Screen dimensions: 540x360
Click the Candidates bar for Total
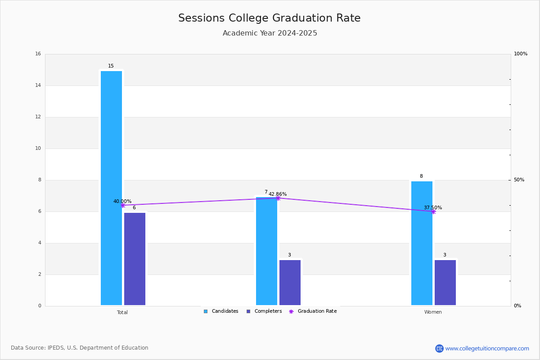[112, 188]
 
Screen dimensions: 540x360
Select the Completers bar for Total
[135, 259]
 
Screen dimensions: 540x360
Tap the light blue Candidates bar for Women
[422, 243]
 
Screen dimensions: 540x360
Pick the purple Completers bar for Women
[445, 283]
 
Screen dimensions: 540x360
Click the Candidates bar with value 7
[266, 251]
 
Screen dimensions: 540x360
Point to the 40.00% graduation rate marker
[123, 206]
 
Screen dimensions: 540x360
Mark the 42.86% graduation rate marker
[278, 198]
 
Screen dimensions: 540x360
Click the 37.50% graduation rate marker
[433, 211]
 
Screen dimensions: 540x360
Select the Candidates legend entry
[221, 311]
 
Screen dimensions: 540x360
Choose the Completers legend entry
[264, 311]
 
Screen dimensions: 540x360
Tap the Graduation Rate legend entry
[313, 311]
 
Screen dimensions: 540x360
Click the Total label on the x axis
[122, 312]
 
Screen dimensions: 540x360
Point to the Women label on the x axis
[433, 312]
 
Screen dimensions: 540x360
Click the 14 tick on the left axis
[38, 85]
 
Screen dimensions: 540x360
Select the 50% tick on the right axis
[519, 180]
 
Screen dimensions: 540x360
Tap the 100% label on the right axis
[521, 54]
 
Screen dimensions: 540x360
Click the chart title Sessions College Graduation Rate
[270, 18]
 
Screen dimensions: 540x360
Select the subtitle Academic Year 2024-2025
[270, 33]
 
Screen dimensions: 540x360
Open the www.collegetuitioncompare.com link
[487, 348]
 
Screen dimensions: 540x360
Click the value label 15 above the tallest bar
[111, 66]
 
